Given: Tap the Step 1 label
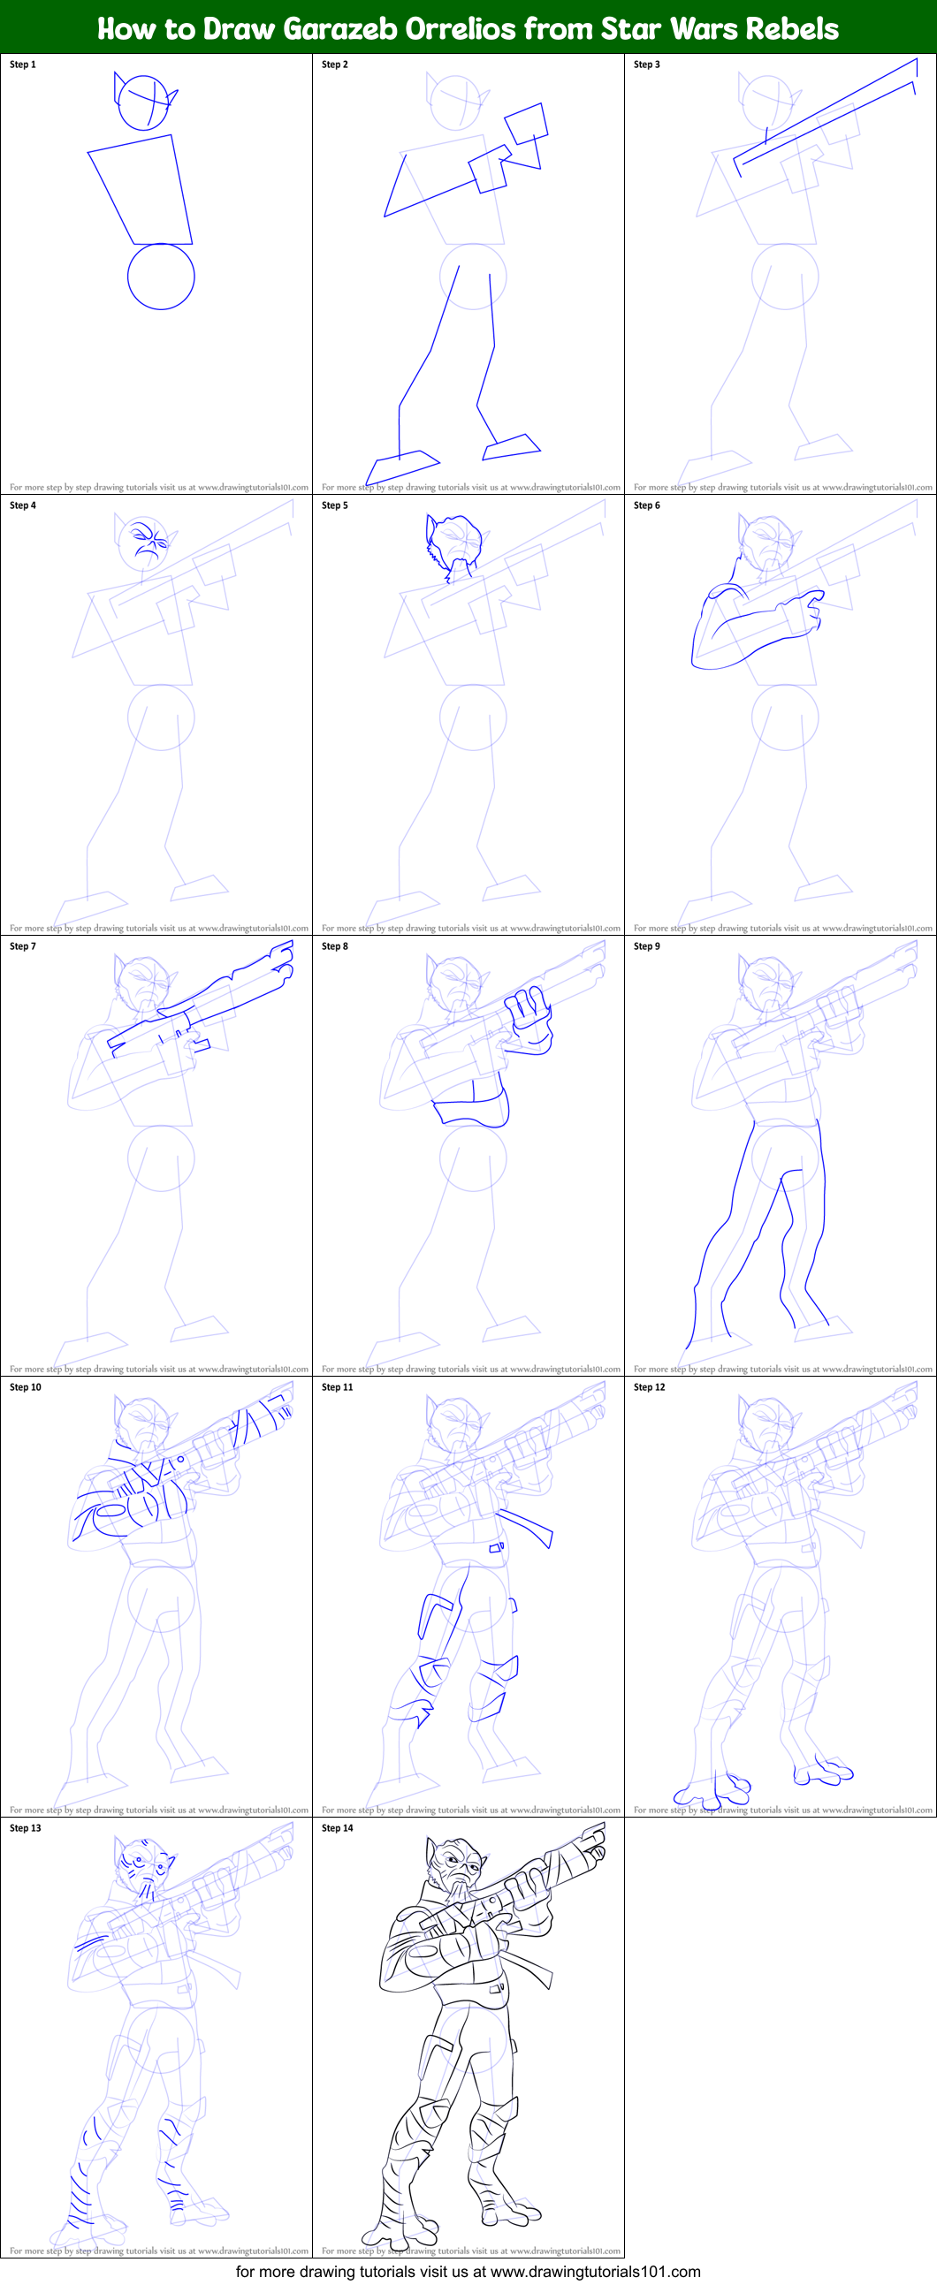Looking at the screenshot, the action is tap(23, 65).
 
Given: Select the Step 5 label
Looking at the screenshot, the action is tap(334, 505).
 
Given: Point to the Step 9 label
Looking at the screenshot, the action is tap(647, 946).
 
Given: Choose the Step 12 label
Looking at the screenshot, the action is tap(650, 1387).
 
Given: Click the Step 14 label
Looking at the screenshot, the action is tap(337, 1828).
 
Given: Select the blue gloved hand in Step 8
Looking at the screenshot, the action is tap(529, 1020).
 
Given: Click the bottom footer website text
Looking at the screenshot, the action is tap(468, 2272).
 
